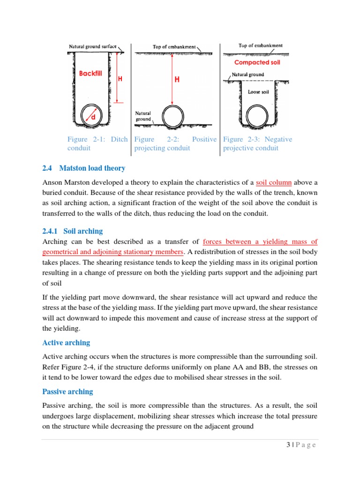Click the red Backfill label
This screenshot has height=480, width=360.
coord(90,74)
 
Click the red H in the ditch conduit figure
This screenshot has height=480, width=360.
coord(120,80)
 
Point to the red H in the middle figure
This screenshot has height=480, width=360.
coord(177,80)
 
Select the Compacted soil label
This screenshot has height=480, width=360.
coord(257,62)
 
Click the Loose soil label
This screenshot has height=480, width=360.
coord(258,92)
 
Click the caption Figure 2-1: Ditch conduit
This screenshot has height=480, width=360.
coord(97,143)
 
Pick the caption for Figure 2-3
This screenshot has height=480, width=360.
coord(257,143)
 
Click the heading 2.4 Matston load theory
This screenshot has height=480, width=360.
coord(83,168)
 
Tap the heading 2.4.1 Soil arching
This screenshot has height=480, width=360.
coord(72,231)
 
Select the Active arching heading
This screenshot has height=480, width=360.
coord(66,342)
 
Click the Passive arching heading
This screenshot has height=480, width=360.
coord(67,391)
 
